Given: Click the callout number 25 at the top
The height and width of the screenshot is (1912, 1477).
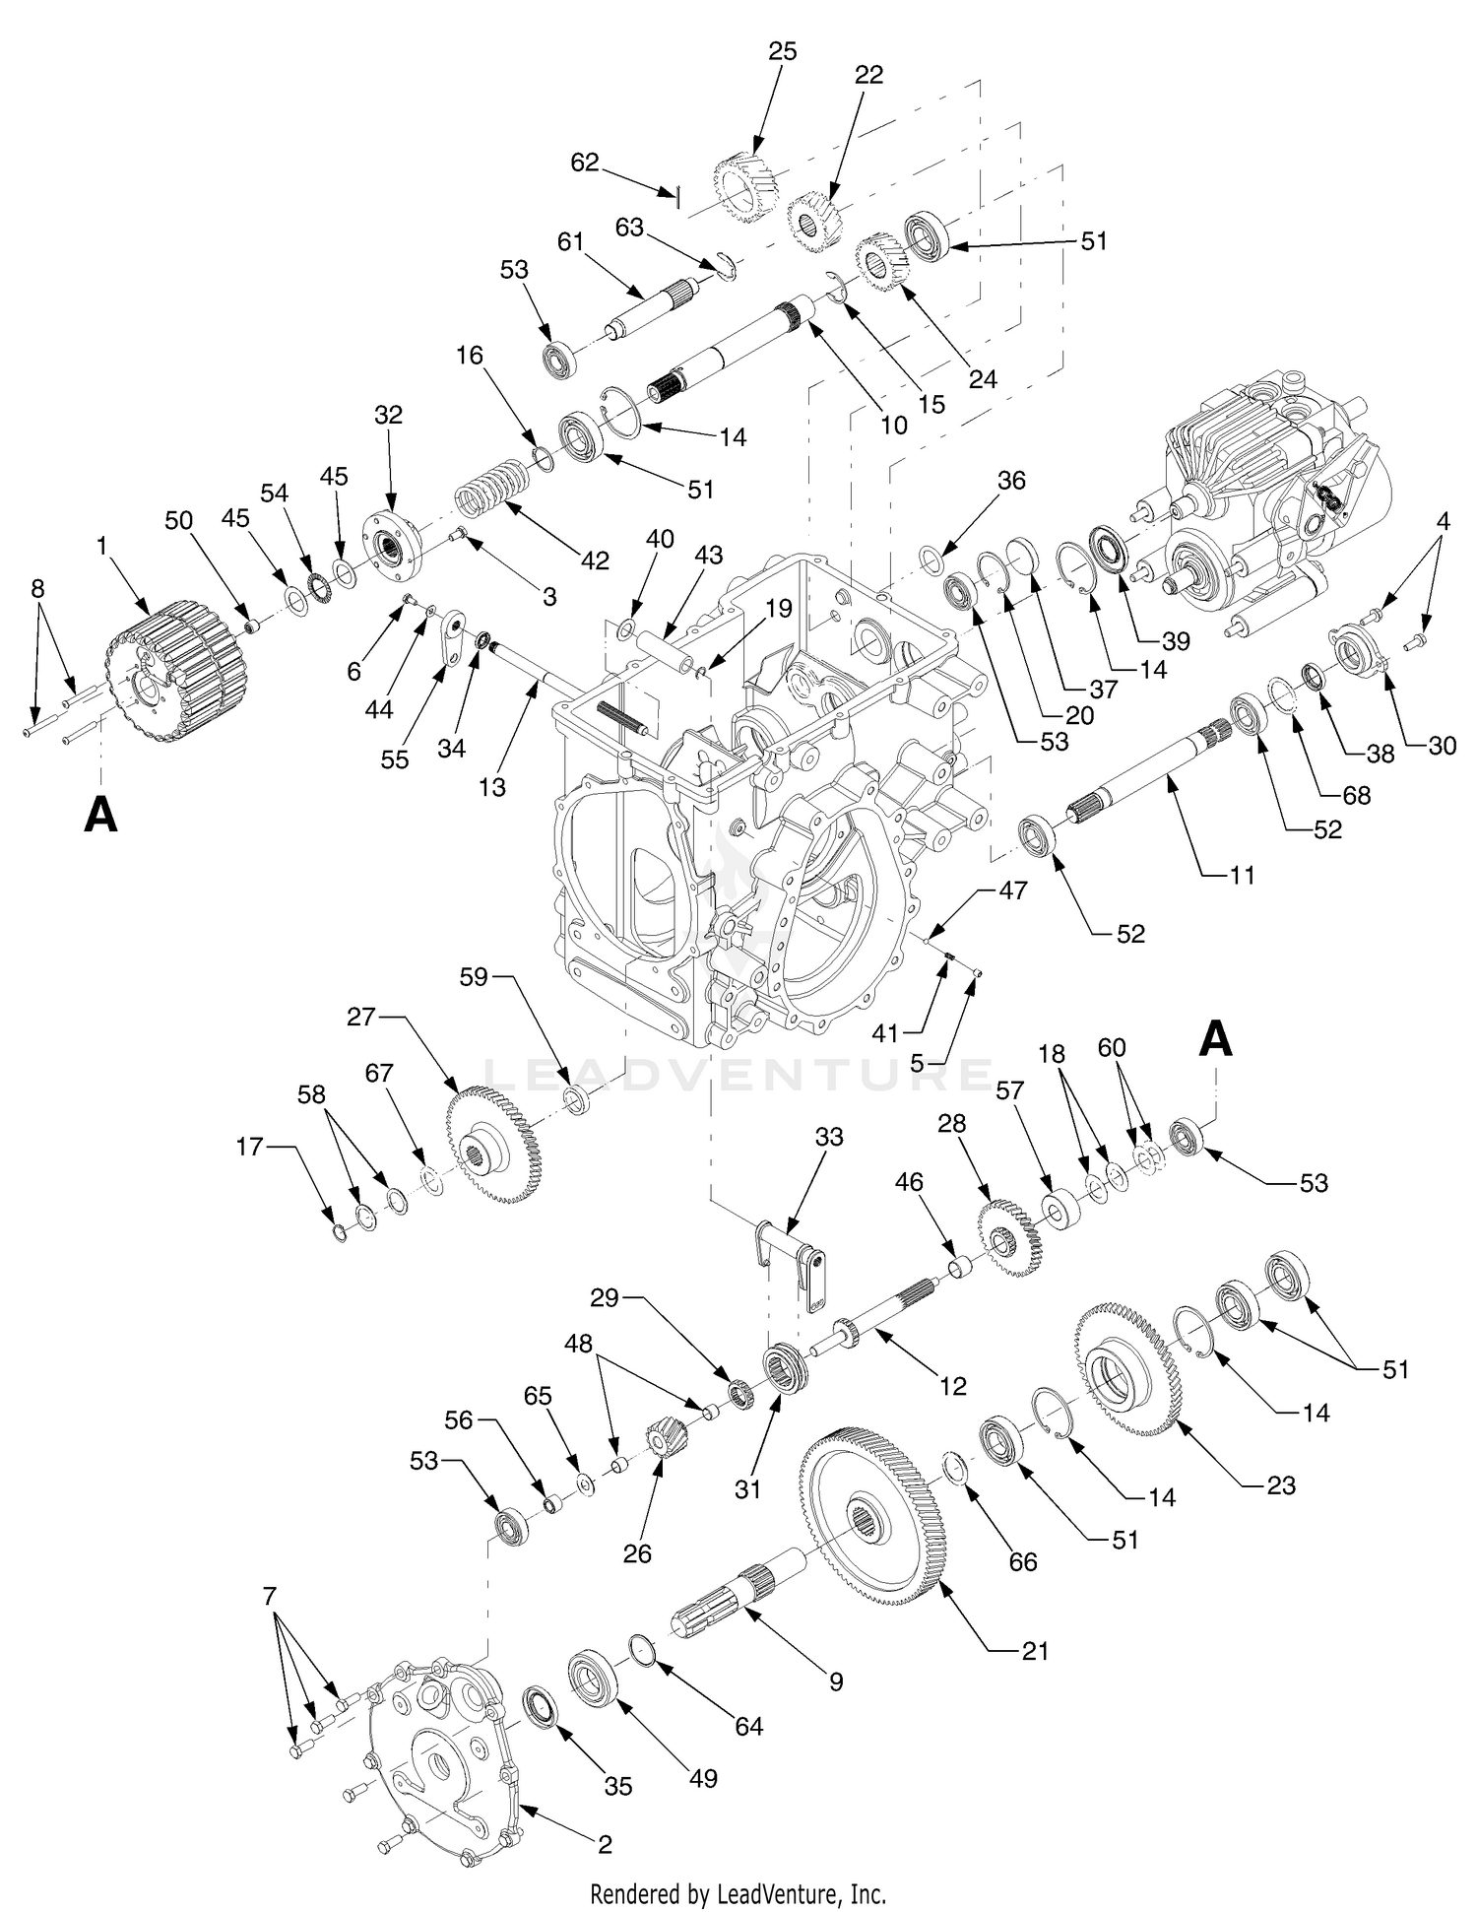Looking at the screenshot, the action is (x=782, y=50).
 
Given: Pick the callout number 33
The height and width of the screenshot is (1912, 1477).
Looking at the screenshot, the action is (x=829, y=1137).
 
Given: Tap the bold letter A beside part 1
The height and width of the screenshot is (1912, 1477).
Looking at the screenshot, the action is (x=100, y=816).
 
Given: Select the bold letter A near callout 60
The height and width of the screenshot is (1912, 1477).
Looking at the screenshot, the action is (x=1217, y=1039).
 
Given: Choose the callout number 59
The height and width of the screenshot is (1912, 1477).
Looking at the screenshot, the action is (x=475, y=978).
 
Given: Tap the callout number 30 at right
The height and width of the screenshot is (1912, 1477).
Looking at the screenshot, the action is (x=1442, y=746).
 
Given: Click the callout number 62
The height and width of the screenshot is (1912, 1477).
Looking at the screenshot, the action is (x=585, y=162).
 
